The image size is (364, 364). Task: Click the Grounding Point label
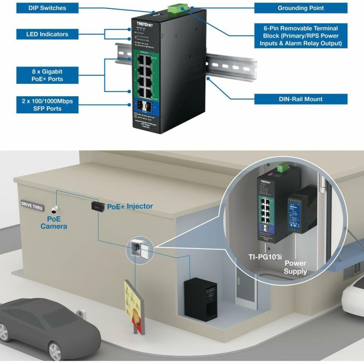(x=301, y=8)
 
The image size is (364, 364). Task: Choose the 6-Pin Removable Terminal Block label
(x=301, y=36)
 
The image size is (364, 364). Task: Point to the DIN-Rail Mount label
(x=301, y=99)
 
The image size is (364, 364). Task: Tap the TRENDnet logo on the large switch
(x=145, y=25)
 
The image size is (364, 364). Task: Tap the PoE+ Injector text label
(x=130, y=206)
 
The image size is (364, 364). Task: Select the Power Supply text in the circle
(x=295, y=267)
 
